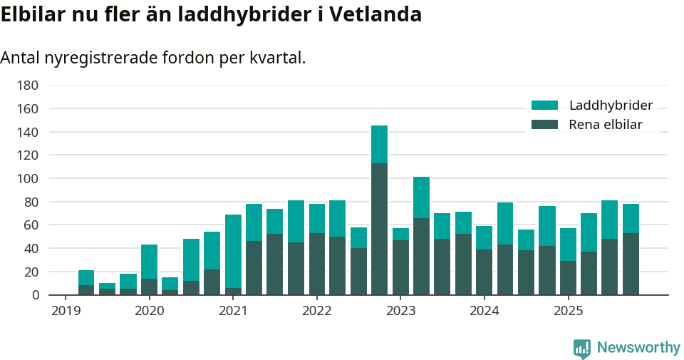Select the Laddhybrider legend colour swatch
click(x=545, y=106)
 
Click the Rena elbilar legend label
click(x=606, y=125)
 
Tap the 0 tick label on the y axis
click(x=34, y=295)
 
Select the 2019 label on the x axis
click(x=66, y=311)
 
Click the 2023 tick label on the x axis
click(x=400, y=311)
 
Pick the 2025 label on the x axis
click(x=568, y=311)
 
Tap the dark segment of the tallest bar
click(x=379, y=228)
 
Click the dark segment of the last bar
click(x=631, y=264)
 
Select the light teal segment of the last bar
click(x=631, y=218)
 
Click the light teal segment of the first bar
click(x=86, y=277)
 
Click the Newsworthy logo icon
click(x=581, y=348)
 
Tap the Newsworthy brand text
click(x=638, y=348)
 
